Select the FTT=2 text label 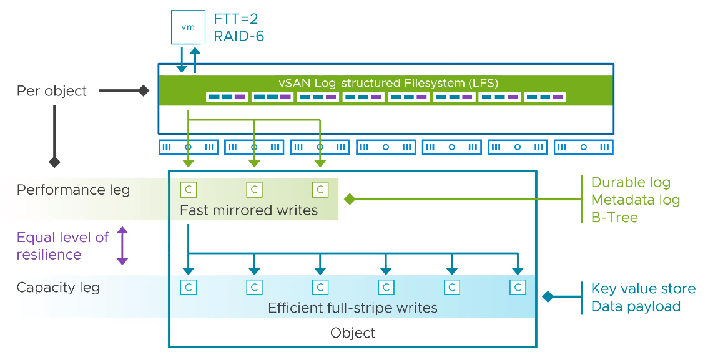point(236,19)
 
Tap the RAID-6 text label point(239,36)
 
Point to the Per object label point(52,91)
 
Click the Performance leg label point(73,190)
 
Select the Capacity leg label point(58,288)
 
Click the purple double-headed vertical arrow point(122,246)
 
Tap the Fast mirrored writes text point(248,210)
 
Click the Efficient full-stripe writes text point(353,308)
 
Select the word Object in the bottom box point(353,333)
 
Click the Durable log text point(631,182)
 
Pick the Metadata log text point(636,200)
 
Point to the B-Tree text point(614,217)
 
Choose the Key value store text point(643,289)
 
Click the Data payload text point(636,306)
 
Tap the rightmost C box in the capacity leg point(518,288)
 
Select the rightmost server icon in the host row point(583,147)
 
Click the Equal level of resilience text point(62,246)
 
